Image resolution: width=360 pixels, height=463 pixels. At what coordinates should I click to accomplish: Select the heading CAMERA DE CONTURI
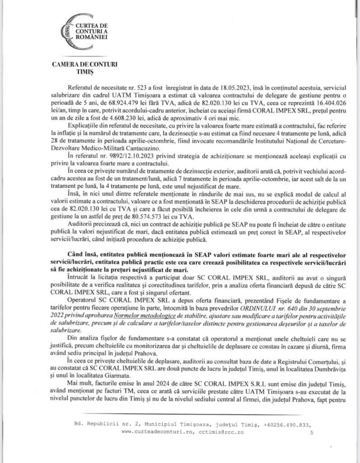pyautogui.click(x=86, y=65)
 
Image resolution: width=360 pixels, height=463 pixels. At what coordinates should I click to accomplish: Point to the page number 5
pyautogui.click(x=311, y=432)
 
